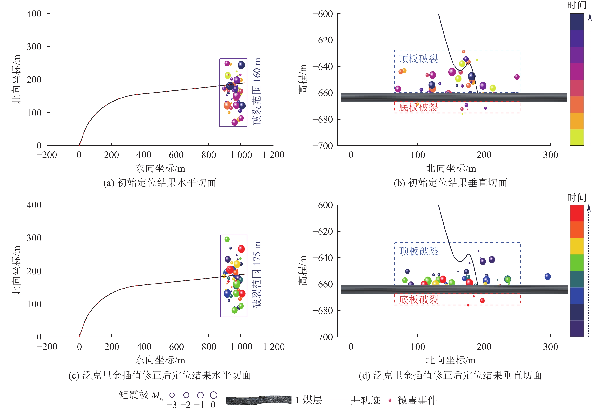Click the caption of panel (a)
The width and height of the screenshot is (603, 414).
click(x=160, y=183)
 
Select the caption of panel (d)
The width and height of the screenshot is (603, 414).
click(x=450, y=375)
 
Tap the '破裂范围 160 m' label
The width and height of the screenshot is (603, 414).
click(x=257, y=91)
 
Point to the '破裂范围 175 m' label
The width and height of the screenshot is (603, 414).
click(x=257, y=275)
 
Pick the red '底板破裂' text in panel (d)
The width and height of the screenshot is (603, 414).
click(x=418, y=300)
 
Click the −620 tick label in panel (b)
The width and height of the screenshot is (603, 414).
click(x=323, y=40)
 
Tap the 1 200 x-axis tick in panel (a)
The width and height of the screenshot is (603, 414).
click(x=273, y=155)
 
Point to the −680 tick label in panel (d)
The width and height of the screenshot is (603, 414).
click(x=323, y=311)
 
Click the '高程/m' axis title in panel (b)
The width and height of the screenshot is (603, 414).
click(x=303, y=79)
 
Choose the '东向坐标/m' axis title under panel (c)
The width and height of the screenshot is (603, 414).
click(x=160, y=360)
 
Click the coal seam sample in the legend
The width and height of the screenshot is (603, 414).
click(x=258, y=400)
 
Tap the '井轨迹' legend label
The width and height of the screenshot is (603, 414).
click(x=365, y=400)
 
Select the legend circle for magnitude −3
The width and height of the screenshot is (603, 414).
click(x=172, y=395)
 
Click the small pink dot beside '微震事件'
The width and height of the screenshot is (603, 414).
click(x=390, y=400)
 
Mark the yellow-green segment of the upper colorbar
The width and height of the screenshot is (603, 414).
click(x=577, y=137)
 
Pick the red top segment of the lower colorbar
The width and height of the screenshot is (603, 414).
click(x=577, y=213)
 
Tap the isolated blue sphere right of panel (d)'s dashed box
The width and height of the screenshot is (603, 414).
click(x=547, y=277)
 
